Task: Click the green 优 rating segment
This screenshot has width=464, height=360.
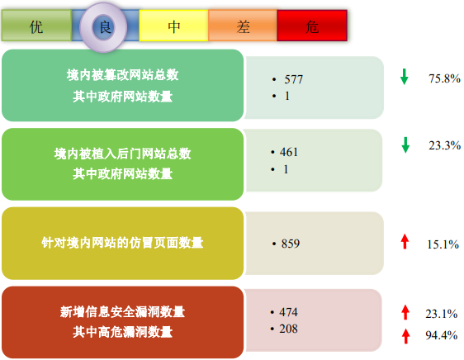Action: point(36,26)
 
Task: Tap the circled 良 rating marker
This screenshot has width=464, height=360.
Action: point(103,27)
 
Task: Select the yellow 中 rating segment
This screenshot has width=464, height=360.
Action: point(173,26)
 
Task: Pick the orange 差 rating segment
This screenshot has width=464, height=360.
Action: point(243,26)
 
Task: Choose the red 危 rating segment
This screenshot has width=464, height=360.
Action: point(312,26)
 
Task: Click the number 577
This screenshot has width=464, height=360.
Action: point(294,79)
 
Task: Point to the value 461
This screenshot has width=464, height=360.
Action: point(288,152)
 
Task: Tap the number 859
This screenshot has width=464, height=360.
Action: point(291,244)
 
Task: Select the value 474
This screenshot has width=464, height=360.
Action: point(288,312)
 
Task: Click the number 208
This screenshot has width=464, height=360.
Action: point(288,329)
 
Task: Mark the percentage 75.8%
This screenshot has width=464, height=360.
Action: point(444,78)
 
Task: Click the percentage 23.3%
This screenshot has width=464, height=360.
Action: point(444,145)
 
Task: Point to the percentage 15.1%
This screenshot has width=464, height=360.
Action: point(443,244)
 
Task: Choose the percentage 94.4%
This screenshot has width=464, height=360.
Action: point(441,335)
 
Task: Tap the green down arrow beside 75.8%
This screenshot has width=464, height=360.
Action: point(405,77)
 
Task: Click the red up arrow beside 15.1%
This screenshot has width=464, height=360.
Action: point(405,241)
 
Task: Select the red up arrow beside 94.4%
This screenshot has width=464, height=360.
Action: point(405,336)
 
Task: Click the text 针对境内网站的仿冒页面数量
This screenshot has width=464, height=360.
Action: point(122,243)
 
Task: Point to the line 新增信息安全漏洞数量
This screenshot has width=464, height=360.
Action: point(122,312)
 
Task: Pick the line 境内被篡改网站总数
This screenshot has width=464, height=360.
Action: point(122,75)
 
